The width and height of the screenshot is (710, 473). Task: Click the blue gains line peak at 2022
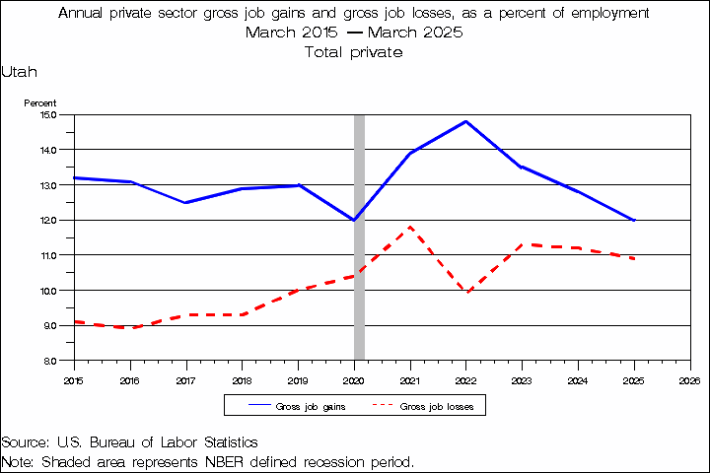coord(465,121)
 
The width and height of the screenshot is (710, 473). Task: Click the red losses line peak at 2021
coord(409,228)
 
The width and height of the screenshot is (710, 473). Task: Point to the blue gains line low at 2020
coord(354,220)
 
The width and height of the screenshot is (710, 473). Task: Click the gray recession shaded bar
coord(359,296)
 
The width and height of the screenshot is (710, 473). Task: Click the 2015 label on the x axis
coord(74,378)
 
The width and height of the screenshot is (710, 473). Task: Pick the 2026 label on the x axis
coord(689,378)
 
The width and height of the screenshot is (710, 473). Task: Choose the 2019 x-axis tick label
coord(298,378)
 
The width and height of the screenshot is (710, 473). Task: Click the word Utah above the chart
coord(20,72)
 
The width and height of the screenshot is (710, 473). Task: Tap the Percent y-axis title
coord(40,102)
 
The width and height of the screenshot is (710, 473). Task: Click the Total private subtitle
coord(354,52)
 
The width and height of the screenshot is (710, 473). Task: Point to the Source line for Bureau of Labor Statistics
coord(129,442)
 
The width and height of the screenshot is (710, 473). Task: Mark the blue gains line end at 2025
coord(633,220)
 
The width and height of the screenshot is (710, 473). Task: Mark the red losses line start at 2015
coord(75,322)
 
